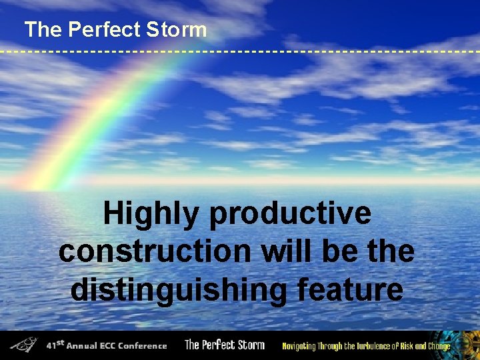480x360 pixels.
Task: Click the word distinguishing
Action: (x=178, y=290)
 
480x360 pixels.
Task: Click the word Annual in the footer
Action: (x=83, y=345)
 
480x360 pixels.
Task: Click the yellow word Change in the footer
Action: (x=438, y=345)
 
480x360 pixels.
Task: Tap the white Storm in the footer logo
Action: (x=249, y=345)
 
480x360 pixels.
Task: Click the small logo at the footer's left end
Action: (x=25, y=345)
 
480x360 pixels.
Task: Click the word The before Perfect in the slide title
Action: (x=43, y=29)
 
